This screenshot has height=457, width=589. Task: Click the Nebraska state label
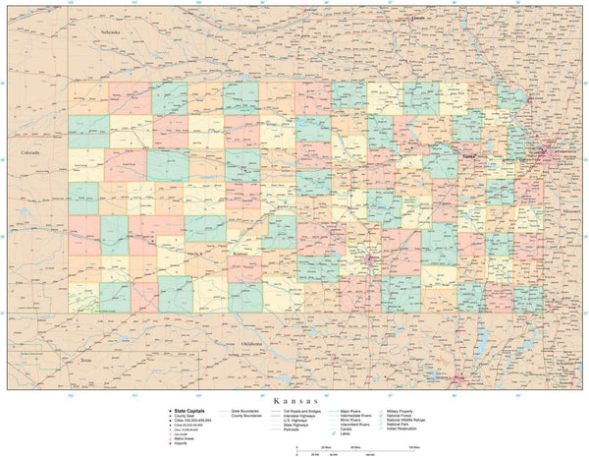pyautogui.click(x=109, y=32)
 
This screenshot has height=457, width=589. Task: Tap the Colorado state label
pyautogui.click(x=28, y=152)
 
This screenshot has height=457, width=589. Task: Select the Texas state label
pyautogui.click(x=85, y=360)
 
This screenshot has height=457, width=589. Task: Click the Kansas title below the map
pyautogui.click(x=294, y=400)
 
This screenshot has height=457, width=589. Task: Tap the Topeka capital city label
pyautogui.click(x=468, y=154)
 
